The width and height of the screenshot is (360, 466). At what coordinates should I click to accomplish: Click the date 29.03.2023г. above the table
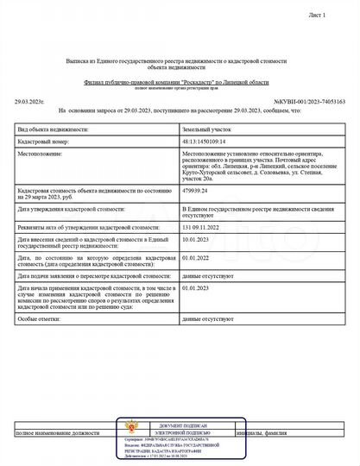29,101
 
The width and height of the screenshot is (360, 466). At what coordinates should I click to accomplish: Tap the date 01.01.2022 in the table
196,257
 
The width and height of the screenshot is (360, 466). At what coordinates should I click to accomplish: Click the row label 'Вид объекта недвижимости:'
54,128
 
